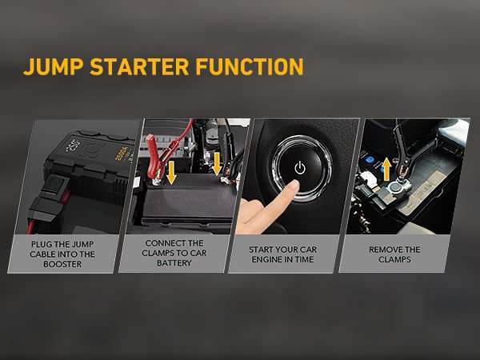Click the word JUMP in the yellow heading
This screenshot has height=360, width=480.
[x=51, y=66]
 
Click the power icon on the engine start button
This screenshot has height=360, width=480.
[x=299, y=168]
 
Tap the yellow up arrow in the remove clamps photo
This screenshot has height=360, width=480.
[x=386, y=169]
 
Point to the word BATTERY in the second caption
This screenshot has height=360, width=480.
[x=174, y=263]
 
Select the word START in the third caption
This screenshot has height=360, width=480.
[x=262, y=249]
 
